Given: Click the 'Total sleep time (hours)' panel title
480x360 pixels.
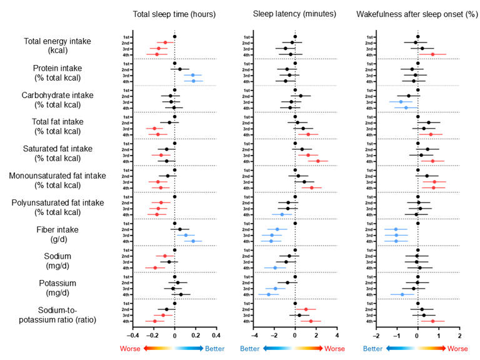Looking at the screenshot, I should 174,14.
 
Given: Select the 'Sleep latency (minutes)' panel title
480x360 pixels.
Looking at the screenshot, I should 294,14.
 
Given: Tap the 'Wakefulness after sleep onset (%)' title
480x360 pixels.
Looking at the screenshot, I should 417,14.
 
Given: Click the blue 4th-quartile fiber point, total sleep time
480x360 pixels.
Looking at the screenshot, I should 193,241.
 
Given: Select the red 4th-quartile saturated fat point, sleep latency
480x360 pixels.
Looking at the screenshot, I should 318,161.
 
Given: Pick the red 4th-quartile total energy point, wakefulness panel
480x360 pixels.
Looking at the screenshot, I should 432,54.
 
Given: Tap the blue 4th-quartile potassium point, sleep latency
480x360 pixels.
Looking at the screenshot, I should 269,294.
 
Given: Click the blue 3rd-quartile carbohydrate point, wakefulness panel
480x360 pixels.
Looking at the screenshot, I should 401,101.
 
